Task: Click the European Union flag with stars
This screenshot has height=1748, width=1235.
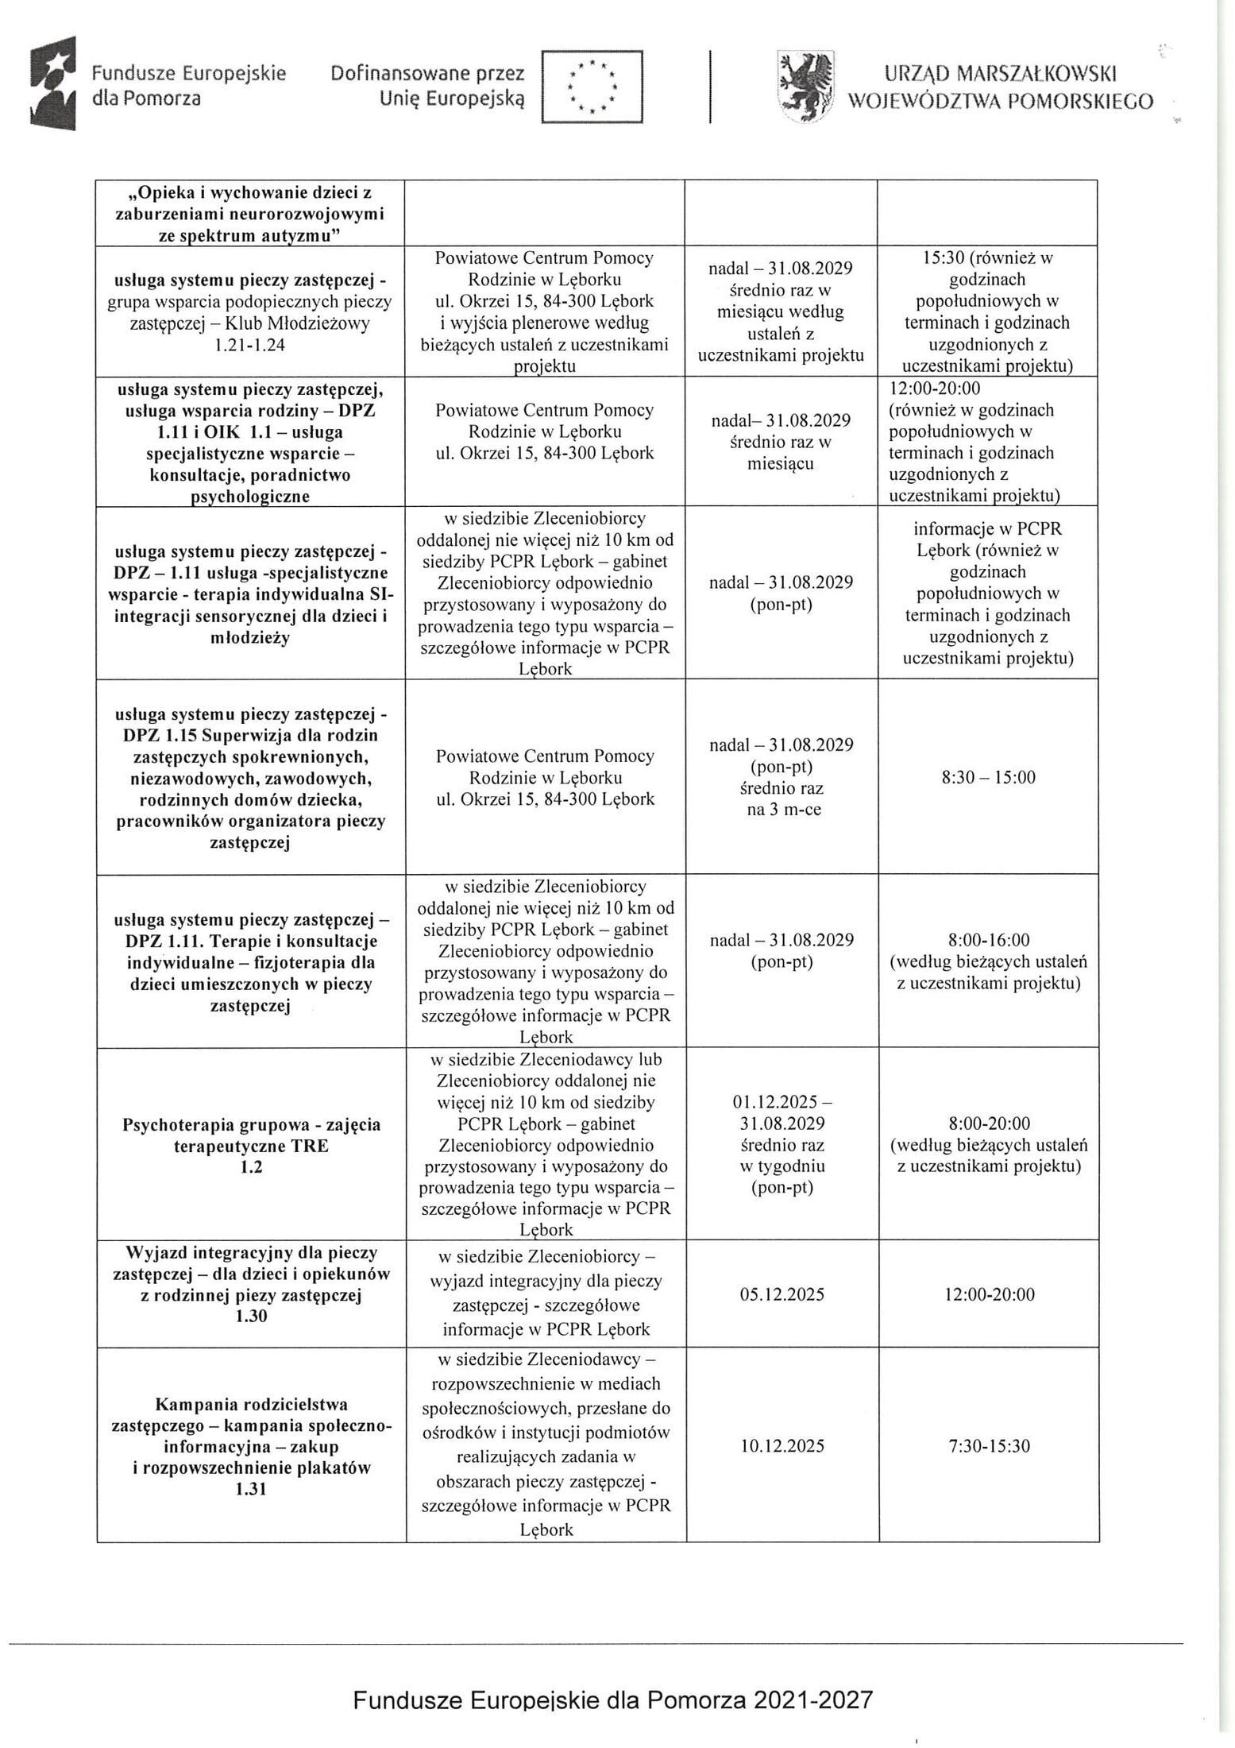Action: [592, 86]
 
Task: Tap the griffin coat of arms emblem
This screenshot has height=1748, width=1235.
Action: [805, 84]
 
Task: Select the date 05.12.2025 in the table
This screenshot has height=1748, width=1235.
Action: [782, 1294]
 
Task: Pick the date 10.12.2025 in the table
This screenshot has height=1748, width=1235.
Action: [782, 1445]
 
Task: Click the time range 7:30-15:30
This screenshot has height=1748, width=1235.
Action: [989, 1445]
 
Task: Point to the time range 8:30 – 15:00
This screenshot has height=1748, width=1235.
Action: [989, 777]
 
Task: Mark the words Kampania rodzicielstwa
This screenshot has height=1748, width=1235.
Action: [251, 1404]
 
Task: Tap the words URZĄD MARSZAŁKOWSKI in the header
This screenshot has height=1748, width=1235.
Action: [1001, 74]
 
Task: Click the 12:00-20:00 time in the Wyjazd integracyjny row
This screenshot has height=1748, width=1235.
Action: [989, 1294]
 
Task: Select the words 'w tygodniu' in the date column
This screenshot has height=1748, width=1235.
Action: [782, 1166]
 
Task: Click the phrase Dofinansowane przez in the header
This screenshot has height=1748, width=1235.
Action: [427, 74]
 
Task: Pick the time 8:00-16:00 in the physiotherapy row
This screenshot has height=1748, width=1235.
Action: [989, 940]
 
